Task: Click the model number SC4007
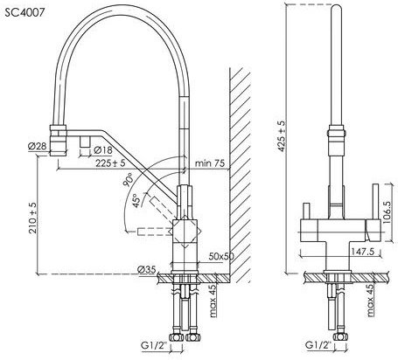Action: (x=24, y=12)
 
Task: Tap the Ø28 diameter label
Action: (x=38, y=146)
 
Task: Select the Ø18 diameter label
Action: (x=103, y=150)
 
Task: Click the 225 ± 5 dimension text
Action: (x=110, y=163)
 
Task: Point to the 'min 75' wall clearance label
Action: (x=210, y=163)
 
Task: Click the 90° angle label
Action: (x=128, y=179)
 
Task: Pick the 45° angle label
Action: (x=136, y=200)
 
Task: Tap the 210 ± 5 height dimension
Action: (x=33, y=218)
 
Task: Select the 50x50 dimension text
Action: (x=221, y=256)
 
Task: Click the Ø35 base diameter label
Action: (x=147, y=270)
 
